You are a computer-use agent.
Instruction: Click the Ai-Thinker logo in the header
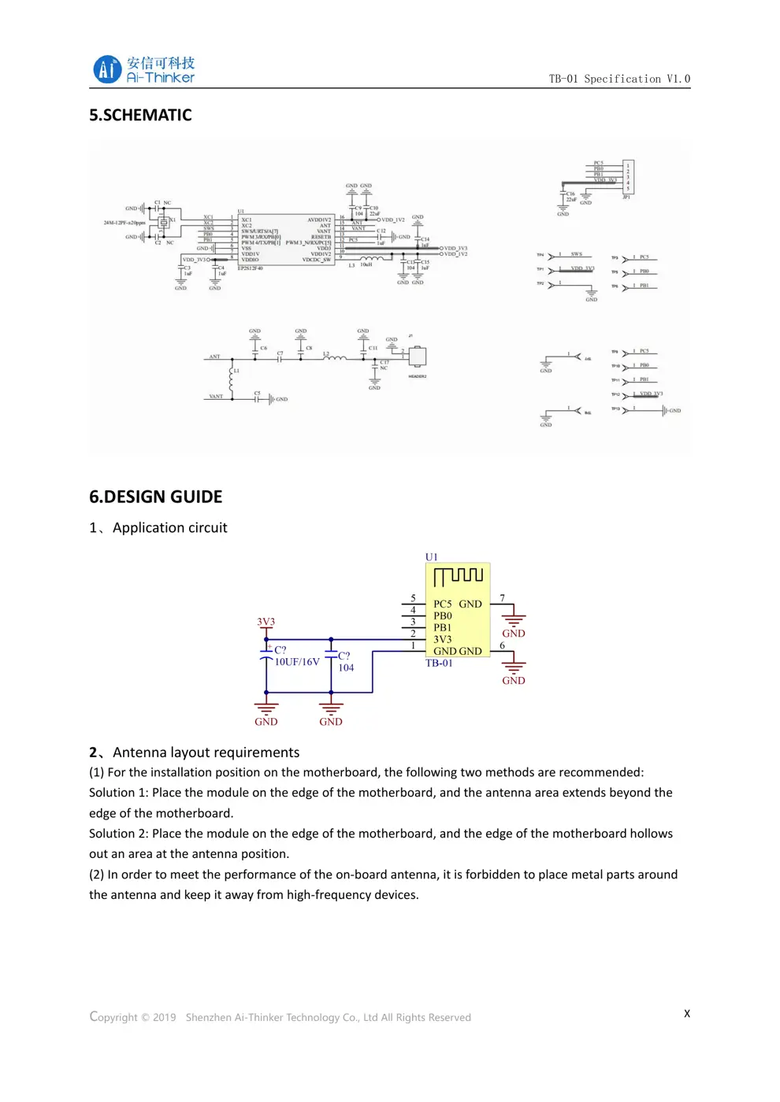143,69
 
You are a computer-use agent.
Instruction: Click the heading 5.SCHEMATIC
140,115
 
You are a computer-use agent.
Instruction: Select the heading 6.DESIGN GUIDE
155,497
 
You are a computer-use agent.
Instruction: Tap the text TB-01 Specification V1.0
619,79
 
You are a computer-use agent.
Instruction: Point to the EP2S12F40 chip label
251,268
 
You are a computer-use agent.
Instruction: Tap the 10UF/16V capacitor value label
297,662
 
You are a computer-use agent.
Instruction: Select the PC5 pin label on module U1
442,604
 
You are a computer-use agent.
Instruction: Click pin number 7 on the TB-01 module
503,598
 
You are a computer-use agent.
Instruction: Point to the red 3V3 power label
266,622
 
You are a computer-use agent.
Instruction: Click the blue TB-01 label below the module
439,663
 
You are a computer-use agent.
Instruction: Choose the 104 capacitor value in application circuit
346,667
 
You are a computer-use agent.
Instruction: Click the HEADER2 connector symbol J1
417,357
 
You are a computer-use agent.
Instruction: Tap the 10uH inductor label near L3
366,264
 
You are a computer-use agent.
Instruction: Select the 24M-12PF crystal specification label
124,223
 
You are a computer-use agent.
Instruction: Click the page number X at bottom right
687,1013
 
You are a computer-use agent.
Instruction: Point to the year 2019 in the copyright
164,1017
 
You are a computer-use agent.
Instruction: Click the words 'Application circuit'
169,527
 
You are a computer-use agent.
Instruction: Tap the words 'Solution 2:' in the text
119,834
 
